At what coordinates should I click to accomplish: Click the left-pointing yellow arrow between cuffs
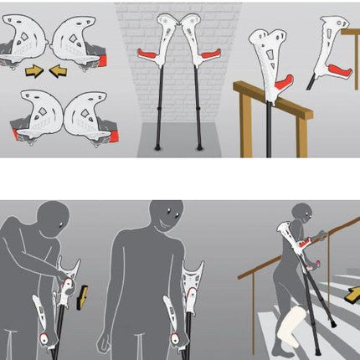[x=59, y=71]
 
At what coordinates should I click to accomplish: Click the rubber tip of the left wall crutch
[x=157, y=147]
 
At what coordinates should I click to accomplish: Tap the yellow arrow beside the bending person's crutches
[x=82, y=295]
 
